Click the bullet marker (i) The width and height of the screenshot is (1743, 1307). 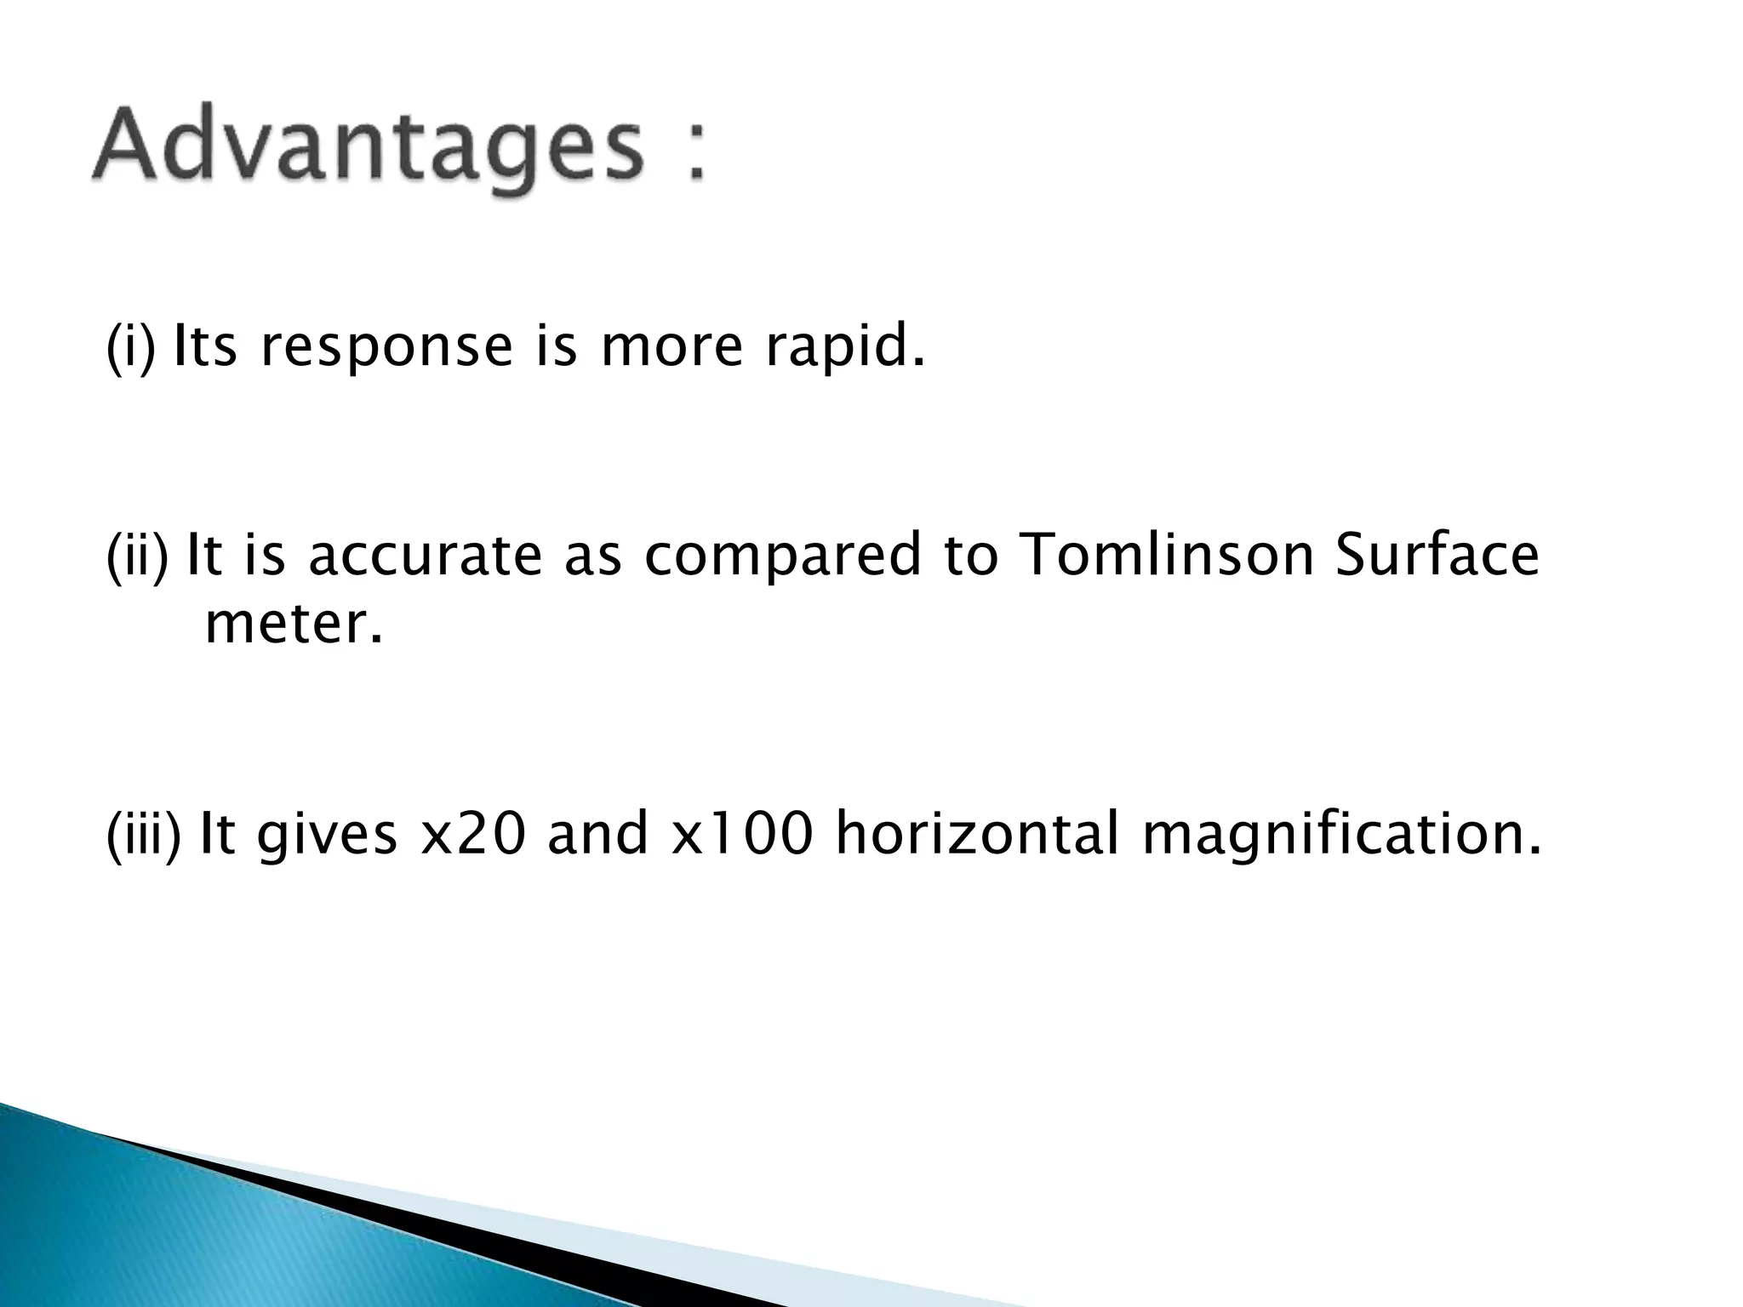click(130, 348)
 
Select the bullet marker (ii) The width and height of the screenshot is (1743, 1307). click(137, 555)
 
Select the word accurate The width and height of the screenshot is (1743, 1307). click(424, 555)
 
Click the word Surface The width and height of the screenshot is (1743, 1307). click(1437, 555)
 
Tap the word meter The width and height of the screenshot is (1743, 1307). click(294, 625)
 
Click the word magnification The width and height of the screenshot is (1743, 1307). click(1341, 836)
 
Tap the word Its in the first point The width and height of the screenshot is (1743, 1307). click(204, 348)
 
